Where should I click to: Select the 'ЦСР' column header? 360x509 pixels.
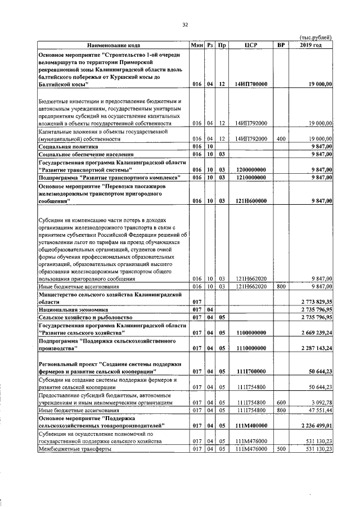point(251,44)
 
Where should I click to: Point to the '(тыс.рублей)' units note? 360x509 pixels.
point(314,37)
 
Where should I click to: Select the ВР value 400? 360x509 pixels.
point(280,138)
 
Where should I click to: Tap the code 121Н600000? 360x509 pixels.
point(251,200)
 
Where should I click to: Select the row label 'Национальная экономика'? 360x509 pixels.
point(68,309)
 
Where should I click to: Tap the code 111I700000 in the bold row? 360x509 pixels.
point(251,371)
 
